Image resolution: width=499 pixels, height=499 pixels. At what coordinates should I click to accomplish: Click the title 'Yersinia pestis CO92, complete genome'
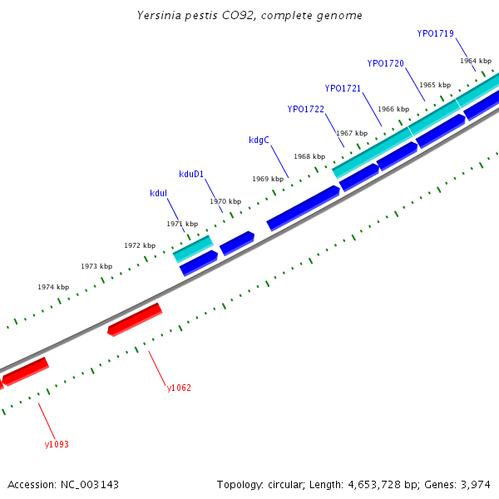(x=249, y=16)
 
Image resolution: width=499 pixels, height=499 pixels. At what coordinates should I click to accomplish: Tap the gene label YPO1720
(x=385, y=63)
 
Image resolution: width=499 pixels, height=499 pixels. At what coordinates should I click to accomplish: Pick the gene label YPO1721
(x=343, y=88)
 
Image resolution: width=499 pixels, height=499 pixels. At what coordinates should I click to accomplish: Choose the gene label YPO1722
(x=305, y=109)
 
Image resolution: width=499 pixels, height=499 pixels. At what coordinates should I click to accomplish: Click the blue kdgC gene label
(x=259, y=140)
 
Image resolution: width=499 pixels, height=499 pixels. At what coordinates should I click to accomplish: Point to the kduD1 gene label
(x=191, y=174)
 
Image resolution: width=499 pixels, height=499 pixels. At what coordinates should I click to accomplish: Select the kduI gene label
(x=158, y=193)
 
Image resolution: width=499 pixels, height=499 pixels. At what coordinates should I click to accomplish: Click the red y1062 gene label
(x=179, y=388)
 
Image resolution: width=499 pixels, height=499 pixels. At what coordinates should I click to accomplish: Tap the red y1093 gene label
(x=57, y=444)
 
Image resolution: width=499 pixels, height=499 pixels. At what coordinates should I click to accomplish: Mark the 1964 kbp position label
(x=476, y=61)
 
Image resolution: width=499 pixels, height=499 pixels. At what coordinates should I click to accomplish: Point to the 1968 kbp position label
(x=309, y=156)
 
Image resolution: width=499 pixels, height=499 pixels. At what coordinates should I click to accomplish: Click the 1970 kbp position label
(x=225, y=201)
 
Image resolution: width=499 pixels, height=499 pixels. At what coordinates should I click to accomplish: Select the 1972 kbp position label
(x=140, y=245)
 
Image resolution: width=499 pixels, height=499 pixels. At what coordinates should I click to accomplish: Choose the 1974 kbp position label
(x=53, y=287)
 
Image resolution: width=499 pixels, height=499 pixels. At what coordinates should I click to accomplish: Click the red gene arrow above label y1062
(x=135, y=319)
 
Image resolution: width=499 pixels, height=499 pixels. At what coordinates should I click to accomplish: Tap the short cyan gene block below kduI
(x=193, y=248)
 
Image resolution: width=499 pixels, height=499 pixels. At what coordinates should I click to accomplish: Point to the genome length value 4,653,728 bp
(x=373, y=484)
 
